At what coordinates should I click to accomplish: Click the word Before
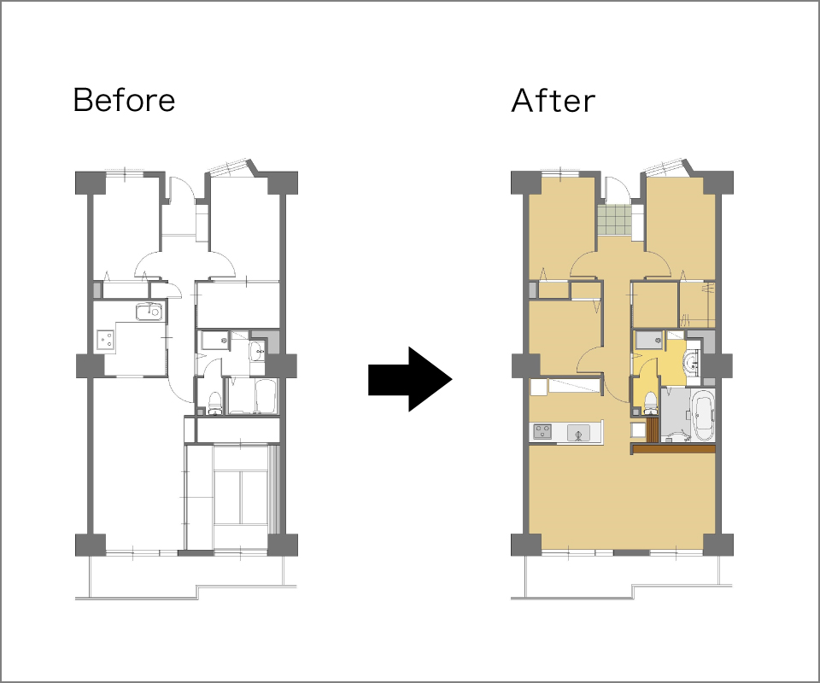124,100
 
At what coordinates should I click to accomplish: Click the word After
553,101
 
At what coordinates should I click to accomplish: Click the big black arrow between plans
410,379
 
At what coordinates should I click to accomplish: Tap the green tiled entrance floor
614,220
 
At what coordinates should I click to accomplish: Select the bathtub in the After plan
702,414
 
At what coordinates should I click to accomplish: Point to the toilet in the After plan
649,404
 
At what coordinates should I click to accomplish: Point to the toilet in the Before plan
214,403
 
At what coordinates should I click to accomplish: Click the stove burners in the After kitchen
542,432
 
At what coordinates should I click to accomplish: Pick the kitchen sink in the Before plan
149,312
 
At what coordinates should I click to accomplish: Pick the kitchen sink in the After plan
578,433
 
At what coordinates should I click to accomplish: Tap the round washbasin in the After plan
691,360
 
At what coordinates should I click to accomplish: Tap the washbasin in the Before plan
257,352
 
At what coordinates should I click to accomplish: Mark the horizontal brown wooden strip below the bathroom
673,449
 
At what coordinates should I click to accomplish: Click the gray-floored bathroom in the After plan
676,413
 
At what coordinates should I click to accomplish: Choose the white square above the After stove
538,388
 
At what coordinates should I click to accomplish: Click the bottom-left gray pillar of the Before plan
91,545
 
